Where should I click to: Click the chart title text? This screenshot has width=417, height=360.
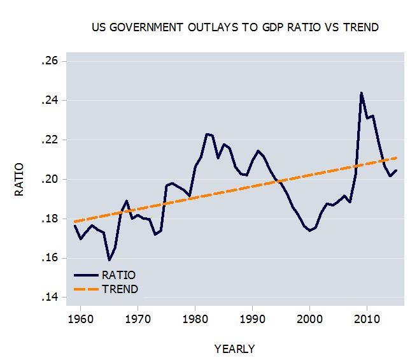pos(235,27)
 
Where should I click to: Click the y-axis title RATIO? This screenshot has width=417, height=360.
pos(19,180)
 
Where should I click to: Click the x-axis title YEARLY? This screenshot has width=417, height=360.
pos(234,349)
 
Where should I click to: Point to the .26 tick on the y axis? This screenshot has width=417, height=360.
pos(49,61)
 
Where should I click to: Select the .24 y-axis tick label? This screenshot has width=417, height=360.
pos(49,101)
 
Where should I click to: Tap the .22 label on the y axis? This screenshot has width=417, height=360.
pos(49,140)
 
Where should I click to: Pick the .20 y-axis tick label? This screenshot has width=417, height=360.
pos(49,179)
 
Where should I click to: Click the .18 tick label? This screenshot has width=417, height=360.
pos(49,219)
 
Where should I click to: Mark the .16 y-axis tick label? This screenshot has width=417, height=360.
pos(49,258)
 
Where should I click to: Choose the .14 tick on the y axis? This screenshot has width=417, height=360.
pos(49,298)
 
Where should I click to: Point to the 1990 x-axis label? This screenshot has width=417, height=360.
pos(252,319)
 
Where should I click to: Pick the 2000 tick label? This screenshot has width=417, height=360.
pos(309,319)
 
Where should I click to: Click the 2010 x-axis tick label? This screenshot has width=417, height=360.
pos(366,319)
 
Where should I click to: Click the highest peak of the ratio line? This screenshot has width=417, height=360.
pos(362,93)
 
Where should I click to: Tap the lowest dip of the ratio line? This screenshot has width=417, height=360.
pos(110,260)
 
